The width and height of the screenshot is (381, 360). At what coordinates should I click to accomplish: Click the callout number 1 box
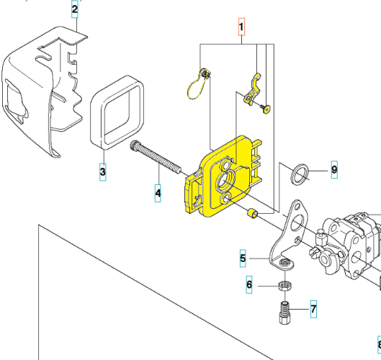(242, 28)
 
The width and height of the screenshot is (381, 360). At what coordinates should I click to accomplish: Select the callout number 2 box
(74, 9)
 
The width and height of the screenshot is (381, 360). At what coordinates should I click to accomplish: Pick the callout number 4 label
(158, 193)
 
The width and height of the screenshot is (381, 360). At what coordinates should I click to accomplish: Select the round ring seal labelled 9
(300, 174)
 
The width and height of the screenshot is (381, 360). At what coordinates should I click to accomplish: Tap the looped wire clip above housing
(196, 83)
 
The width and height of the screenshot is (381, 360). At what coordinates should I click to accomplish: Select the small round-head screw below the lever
(266, 108)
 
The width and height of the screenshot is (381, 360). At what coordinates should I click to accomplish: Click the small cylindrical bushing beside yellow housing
(251, 214)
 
